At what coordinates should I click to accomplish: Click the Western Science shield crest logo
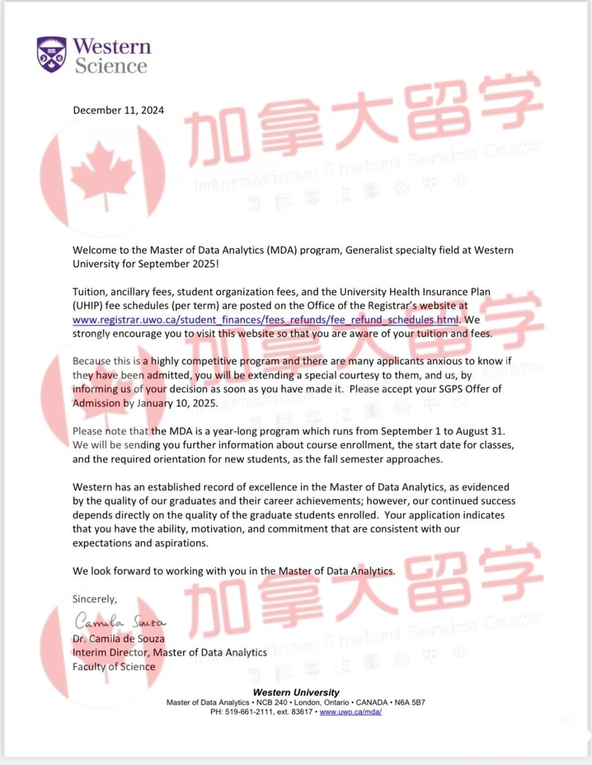[52, 54]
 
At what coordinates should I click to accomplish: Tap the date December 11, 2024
[119, 110]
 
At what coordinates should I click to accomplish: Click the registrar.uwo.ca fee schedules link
[266, 320]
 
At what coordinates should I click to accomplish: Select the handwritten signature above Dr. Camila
[120, 622]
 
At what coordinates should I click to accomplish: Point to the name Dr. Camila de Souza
[118, 638]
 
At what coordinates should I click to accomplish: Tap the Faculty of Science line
[114, 666]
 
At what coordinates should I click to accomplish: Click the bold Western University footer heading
[296, 692]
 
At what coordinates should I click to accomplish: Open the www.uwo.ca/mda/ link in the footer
[350, 712]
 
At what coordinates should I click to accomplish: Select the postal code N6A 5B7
[410, 702]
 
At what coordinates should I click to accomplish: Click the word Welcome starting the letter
[94, 250]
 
